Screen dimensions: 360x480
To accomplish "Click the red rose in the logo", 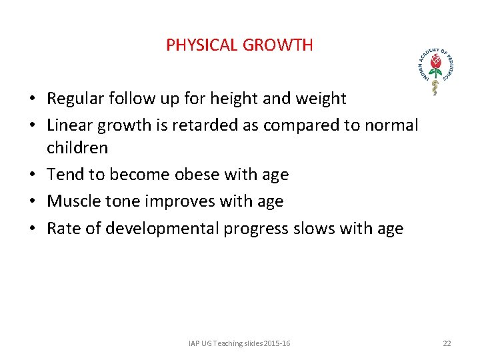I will pos(435,64).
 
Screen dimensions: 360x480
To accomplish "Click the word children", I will pos(77,147).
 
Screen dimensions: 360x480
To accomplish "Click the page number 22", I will pos(447,343).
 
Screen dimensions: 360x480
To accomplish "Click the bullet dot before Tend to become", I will pos(32,175).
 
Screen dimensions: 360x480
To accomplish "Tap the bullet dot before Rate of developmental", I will pos(32,229).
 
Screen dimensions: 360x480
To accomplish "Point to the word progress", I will pos(256,229).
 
